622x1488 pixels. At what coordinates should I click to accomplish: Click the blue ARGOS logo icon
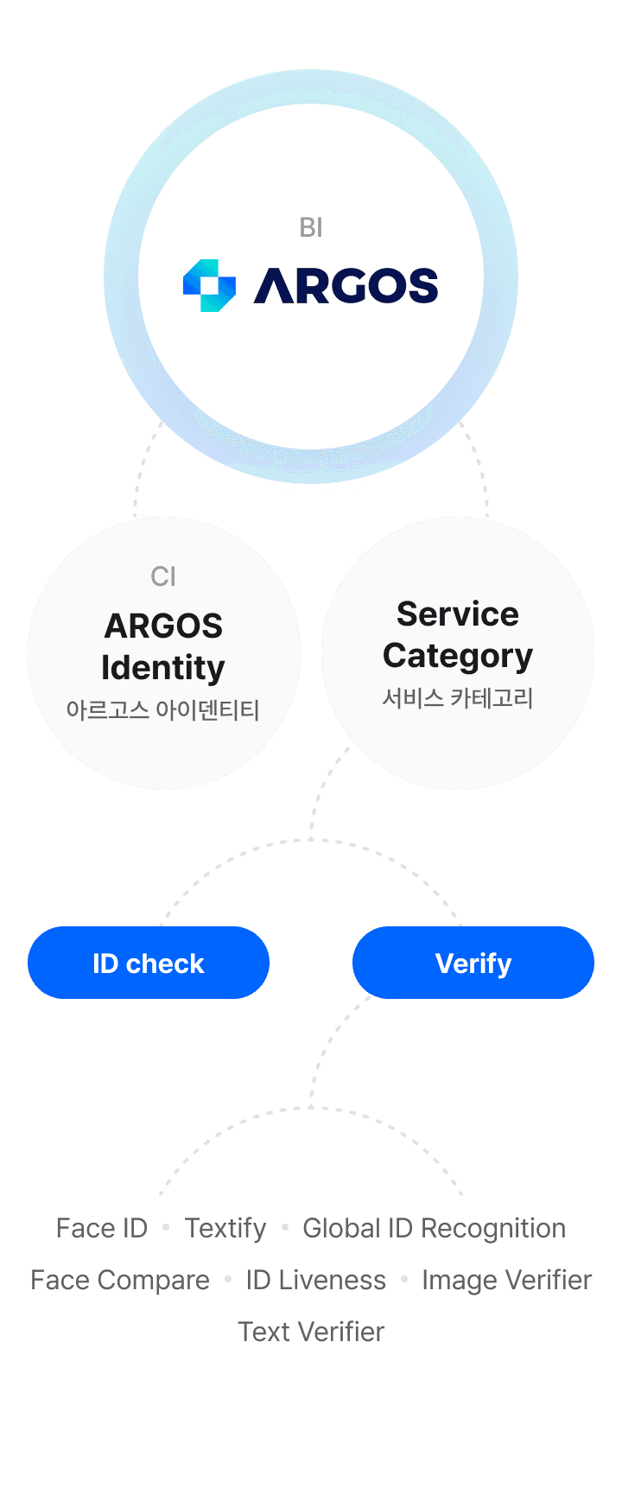pyautogui.click(x=209, y=285)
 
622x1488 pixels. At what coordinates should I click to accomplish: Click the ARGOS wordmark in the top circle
pyautogui.click(x=346, y=286)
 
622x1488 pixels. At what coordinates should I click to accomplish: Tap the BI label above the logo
pyautogui.click(x=311, y=227)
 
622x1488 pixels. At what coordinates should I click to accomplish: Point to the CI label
pyautogui.click(x=163, y=576)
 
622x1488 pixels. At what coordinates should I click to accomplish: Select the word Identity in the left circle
pyautogui.click(x=163, y=668)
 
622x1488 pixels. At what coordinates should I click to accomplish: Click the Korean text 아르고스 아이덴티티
pyautogui.click(x=163, y=710)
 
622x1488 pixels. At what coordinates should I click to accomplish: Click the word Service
pyautogui.click(x=458, y=614)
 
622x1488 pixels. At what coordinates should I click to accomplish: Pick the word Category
pyautogui.click(x=458, y=657)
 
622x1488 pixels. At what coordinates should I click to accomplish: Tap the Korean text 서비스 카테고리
pyautogui.click(x=458, y=698)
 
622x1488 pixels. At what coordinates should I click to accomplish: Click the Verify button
pyautogui.click(x=473, y=963)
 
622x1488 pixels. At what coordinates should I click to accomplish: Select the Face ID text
pyautogui.click(x=102, y=1228)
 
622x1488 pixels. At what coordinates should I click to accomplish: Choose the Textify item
pyautogui.click(x=226, y=1228)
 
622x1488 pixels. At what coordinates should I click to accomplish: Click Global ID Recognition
pyautogui.click(x=435, y=1228)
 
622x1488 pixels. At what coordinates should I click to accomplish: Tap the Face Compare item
pyautogui.click(x=120, y=1280)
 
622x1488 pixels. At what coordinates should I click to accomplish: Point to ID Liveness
pyautogui.click(x=316, y=1280)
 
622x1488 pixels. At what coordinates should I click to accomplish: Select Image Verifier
pyautogui.click(x=506, y=1280)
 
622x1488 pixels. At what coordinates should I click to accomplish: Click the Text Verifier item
pyautogui.click(x=311, y=1332)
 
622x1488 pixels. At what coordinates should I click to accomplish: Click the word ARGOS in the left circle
pyautogui.click(x=163, y=626)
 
